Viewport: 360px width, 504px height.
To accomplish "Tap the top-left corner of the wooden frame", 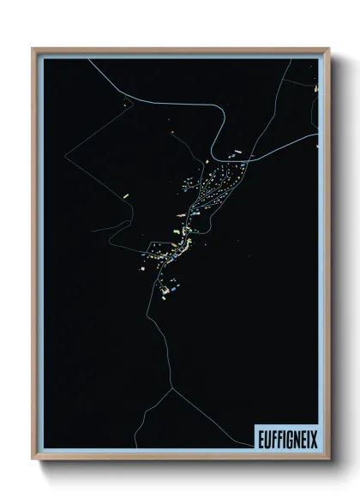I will point(33,49).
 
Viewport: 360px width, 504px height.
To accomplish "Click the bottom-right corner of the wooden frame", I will point(328,459).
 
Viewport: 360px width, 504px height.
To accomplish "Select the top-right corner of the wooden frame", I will point(328,49).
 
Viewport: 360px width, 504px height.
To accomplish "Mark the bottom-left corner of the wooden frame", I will point(33,459).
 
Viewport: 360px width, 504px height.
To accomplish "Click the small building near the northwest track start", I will point(126,105).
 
